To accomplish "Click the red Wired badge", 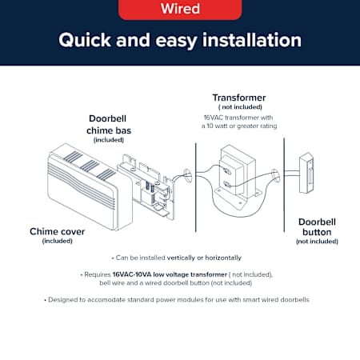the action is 180,10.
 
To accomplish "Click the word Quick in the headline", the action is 85,40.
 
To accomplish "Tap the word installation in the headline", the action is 252,40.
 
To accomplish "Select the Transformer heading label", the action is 239,98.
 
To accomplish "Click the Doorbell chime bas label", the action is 109,125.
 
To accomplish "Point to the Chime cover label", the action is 57,231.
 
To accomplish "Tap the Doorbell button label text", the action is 317,227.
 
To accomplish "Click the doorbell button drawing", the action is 306,173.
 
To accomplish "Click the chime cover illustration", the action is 90,186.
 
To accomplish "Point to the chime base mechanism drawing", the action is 146,186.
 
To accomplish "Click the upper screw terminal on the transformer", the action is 227,171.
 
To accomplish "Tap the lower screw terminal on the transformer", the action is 227,184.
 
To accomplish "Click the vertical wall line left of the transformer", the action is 196,187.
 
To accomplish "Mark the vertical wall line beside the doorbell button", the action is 284,185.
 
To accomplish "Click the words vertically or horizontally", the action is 204,258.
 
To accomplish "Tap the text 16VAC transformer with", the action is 238,118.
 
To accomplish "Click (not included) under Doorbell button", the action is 317,242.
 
